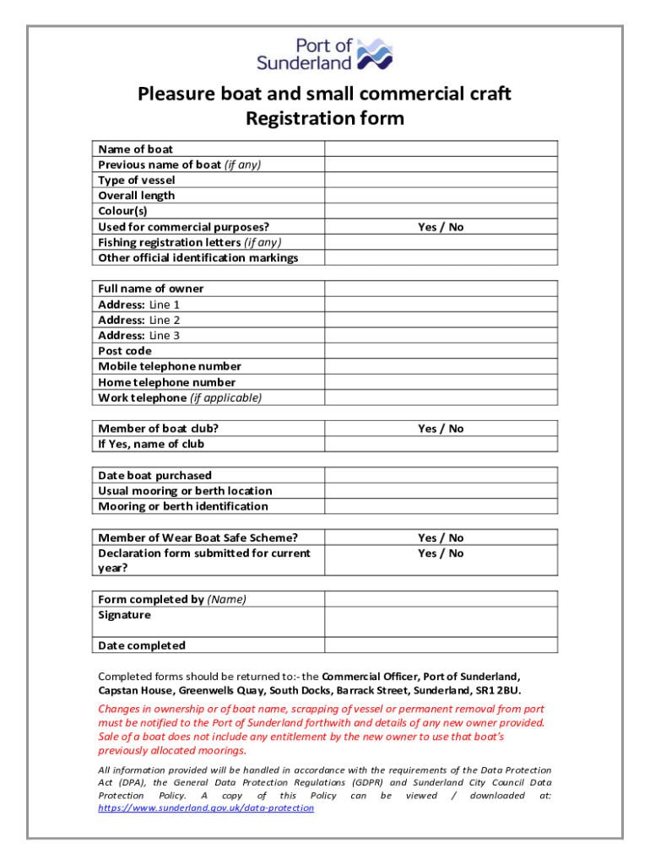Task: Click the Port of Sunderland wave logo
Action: click(375, 53)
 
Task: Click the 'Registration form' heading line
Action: click(324, 118)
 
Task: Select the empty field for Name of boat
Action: click(441, 149)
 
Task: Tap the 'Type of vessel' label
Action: click(137, 180)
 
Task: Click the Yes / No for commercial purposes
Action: click(441, 227)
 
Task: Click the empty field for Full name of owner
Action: click(441, 289)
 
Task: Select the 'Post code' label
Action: click(125, 351)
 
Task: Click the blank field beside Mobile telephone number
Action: click(441, 366)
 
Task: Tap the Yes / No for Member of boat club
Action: click(441, 429)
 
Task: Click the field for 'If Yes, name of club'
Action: click(441, 444)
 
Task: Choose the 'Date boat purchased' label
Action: click(154, 475)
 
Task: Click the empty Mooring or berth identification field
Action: click(441, 506)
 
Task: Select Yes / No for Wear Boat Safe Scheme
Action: click(441, 537)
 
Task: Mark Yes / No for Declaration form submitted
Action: click(441, 553)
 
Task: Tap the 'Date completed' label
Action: click(142, 645)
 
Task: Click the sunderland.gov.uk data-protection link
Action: click(206, 807)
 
